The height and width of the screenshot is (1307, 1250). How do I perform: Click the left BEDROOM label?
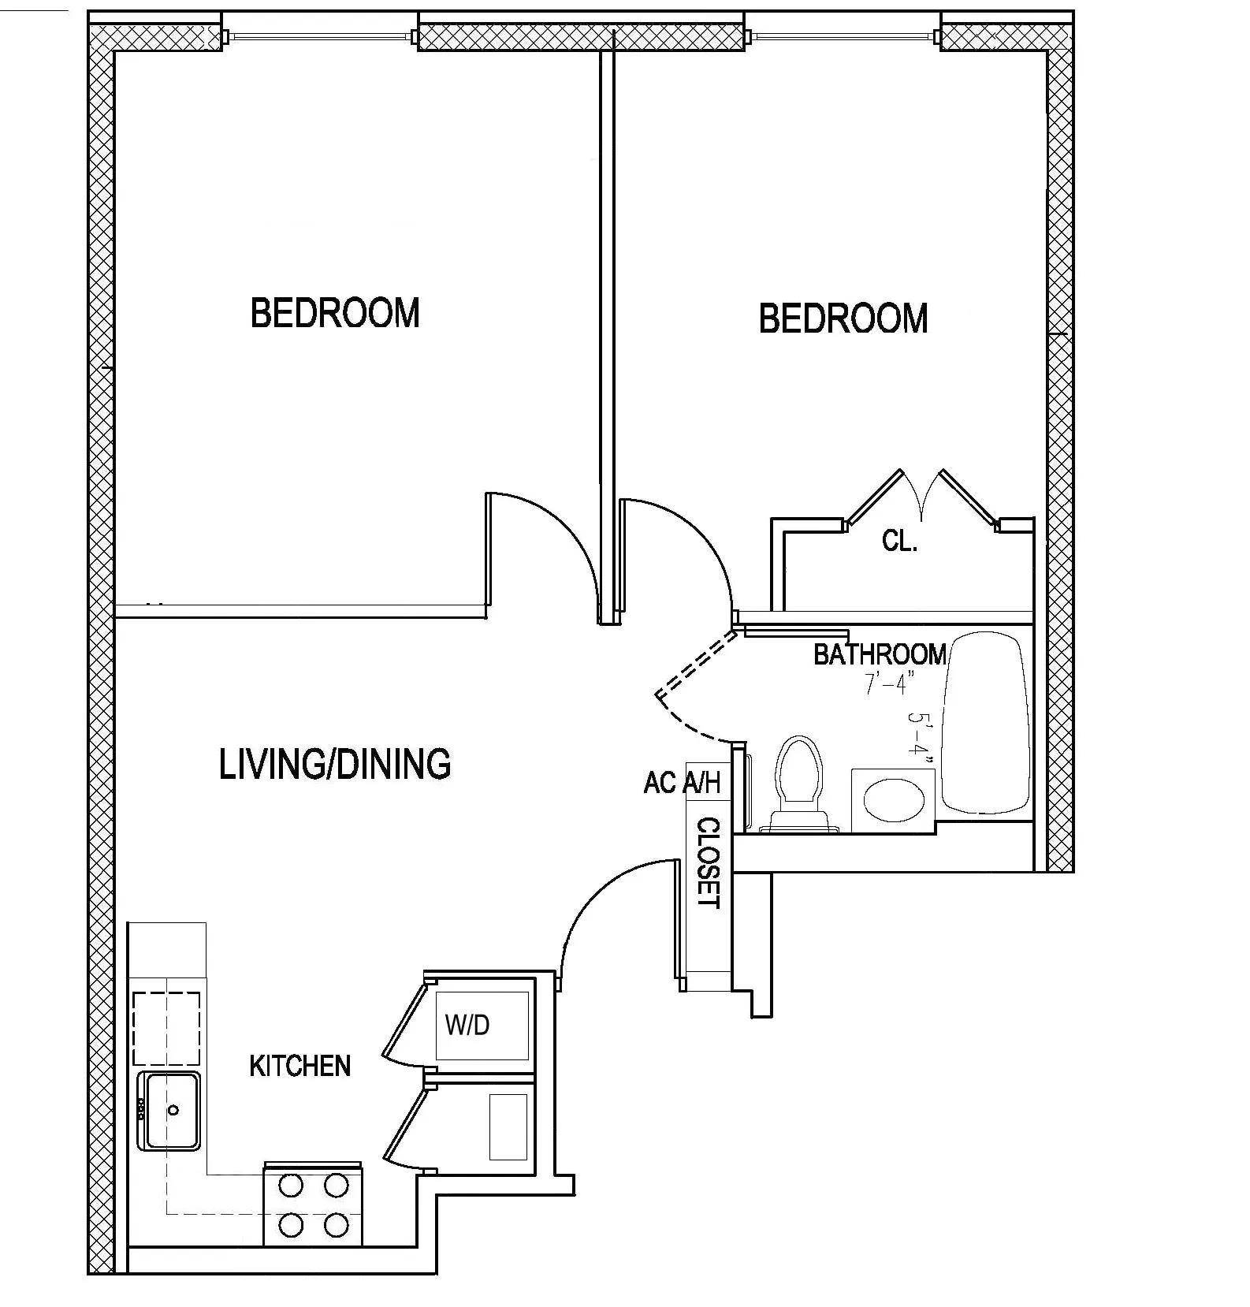click(x=335, y=313)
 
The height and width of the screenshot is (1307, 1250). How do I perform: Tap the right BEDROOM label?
click(x=843, y=318)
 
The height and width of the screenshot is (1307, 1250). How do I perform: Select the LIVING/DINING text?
click(x=335, y=764)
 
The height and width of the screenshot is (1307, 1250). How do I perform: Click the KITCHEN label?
click(x=299, y=1067)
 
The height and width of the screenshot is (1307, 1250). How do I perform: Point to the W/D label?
click(x=467, y=1025)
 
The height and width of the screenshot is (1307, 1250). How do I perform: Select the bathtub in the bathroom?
click(x=987, y=724)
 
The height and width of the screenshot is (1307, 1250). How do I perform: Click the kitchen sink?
click(x=169, y=1111)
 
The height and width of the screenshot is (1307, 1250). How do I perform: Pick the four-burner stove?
click(x=313, y=1205)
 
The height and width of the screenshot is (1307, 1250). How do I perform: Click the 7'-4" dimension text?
click(x=889, y=683)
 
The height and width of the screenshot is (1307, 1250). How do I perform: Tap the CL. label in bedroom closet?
click(x=899, y=542)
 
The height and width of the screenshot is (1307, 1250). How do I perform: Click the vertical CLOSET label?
click(x=708, y=863)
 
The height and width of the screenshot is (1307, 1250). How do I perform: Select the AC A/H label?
click(x=682, y=783)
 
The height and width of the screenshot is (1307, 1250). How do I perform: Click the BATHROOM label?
click(x=880, y=654)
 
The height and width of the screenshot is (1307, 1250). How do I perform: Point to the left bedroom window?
click(x=319, y=36)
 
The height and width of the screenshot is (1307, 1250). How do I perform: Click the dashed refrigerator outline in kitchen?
click(x=166, y=1029)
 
